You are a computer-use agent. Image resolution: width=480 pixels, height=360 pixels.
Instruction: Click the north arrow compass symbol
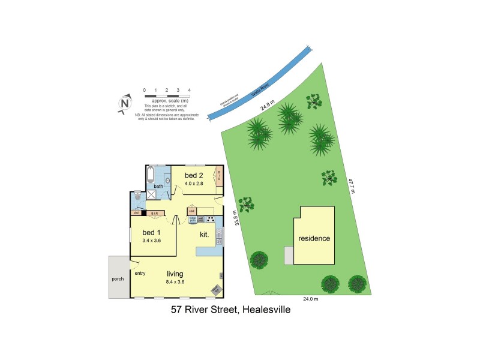click(125, 104)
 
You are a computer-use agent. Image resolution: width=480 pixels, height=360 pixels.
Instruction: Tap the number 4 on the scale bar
click(190, 89)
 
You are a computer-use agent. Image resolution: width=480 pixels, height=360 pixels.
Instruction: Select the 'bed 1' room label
click(151, 232)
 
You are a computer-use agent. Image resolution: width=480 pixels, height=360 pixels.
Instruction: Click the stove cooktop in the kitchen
click(211, 218)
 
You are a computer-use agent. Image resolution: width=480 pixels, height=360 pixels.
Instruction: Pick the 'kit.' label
click(205, 235)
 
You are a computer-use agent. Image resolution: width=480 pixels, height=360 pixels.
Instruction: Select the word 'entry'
click(140, 274)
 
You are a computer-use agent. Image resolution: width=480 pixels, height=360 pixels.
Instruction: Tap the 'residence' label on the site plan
click(314, 238)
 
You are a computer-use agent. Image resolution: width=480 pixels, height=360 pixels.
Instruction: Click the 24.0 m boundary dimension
click(310, 299)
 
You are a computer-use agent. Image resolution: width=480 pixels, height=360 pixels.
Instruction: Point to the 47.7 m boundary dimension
click(352, 186)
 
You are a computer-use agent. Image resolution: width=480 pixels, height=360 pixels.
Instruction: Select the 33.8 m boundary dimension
click(237, 217)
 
